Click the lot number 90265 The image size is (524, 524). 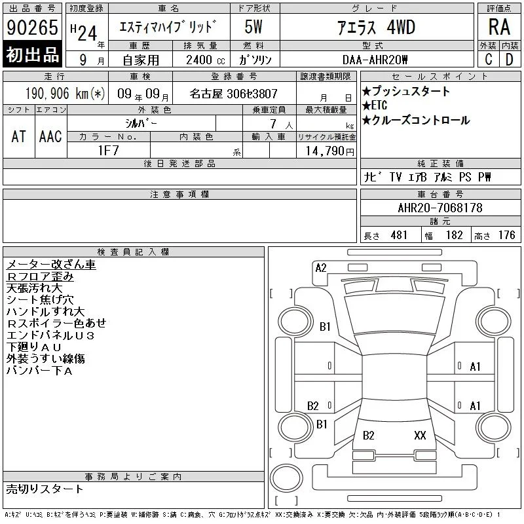[x=32, y=28]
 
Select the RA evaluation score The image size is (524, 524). [x=499, y=27]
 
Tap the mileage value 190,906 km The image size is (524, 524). [x=65, y=93]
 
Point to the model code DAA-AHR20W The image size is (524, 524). [x=375, y=60]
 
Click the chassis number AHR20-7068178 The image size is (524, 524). [x=440, y=208]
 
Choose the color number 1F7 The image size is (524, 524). [x=108, y=151]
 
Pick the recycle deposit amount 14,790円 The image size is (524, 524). [x=330, y=151]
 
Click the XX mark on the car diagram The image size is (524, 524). [x=420, y=435]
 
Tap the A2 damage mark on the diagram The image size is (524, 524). [x=321, y=268]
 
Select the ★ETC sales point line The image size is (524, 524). [x=375, y=105]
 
